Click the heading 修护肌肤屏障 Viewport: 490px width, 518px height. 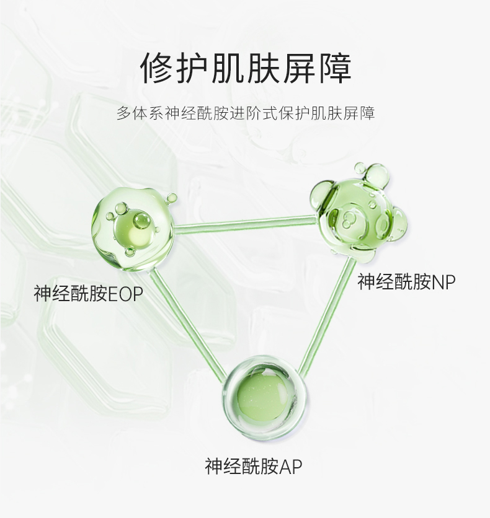[246, 68]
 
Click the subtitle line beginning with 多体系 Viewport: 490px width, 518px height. [246, 114]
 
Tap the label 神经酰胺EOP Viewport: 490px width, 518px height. [88, 293]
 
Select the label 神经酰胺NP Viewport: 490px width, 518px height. [406, 283]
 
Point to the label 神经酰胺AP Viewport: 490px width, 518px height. [254, 466]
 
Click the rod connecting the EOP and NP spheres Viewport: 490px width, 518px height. [245, 224]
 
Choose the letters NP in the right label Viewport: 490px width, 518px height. [443, 283]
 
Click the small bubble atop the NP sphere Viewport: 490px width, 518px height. [360, 168]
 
